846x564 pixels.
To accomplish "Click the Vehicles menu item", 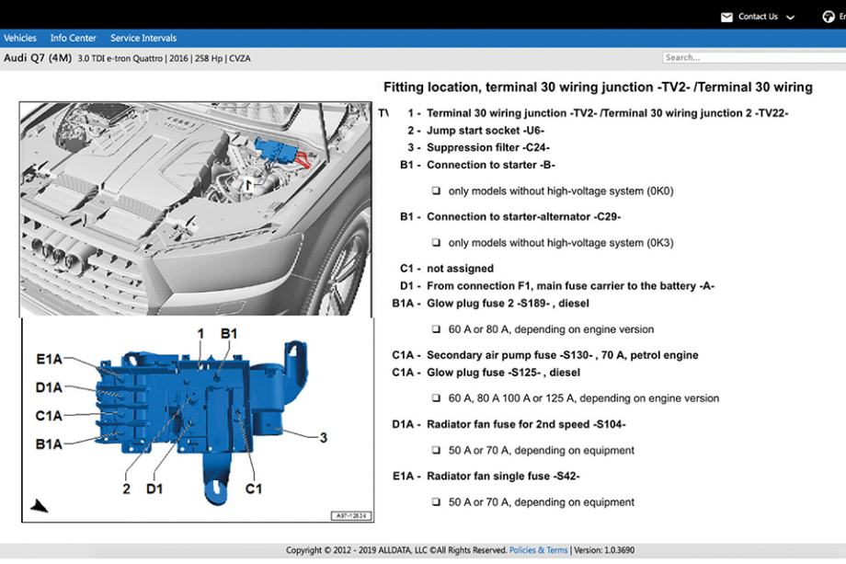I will point(20,38).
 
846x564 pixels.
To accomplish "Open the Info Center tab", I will point(74,38).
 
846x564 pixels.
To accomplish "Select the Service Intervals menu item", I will point(143,38).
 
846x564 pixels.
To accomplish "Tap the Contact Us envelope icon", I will point(726,17).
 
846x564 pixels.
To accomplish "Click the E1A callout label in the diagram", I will point(50,359).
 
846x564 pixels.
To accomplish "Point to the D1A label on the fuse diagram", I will point(50,387).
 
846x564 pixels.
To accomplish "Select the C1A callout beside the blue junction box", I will point(50,416).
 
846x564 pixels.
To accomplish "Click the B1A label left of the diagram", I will point(50,444).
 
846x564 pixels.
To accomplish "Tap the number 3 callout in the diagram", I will point(323,438).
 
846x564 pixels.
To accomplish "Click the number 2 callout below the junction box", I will point(127,489).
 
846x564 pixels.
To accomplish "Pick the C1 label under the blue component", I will point(253,489).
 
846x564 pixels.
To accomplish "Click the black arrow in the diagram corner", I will point(40,505).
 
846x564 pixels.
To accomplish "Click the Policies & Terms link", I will point(538,550).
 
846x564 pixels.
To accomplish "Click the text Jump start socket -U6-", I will point(485,131).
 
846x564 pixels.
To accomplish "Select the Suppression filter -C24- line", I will point(488,147).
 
